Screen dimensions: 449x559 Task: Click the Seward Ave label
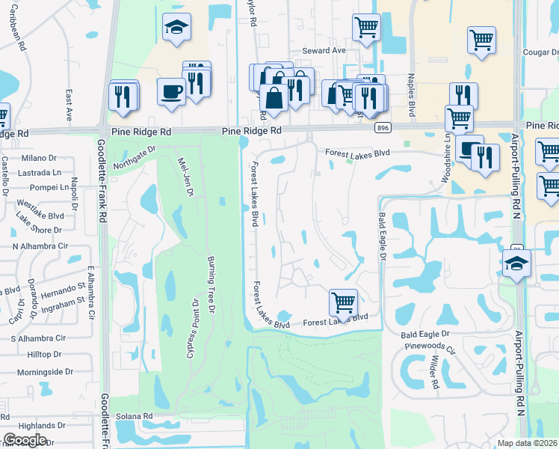tap(324, 51)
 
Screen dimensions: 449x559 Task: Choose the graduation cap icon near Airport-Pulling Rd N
tap(517, 263)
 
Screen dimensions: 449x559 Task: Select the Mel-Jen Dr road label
tap(185, 177)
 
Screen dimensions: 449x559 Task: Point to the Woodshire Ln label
tap(447, 156)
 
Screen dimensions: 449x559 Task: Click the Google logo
tap(25, 440)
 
